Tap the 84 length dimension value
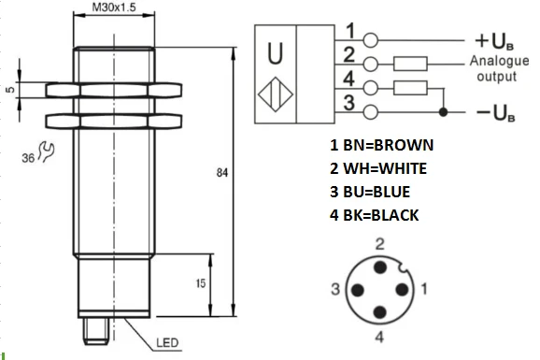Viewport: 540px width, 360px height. coord(220,174)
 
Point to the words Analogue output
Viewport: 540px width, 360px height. coord(495,69)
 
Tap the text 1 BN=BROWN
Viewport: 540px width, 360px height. coord(381,146)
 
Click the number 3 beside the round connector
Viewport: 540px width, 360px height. coord(334,290)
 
